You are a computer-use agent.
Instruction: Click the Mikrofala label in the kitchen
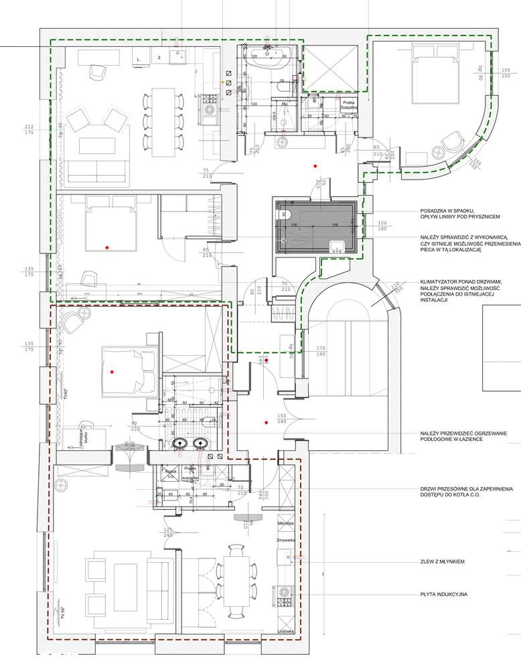pos(286,522)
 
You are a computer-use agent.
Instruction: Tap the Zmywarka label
pos(286,539)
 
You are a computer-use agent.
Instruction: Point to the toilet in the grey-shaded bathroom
pos(285,216)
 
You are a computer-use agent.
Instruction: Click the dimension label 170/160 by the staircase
pos(320,351)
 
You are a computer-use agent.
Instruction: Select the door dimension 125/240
pos(168,532)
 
